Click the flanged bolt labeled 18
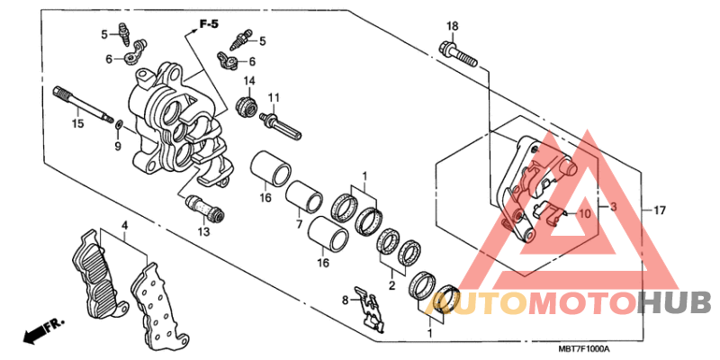click(458, 53)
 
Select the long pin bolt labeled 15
click(83, 104)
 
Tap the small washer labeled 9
click(119, 123)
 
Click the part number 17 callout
click(660, 211)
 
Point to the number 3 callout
click(614, 208)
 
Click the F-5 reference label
click(209, 24)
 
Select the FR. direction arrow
click(42, 330)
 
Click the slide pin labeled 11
click(280, 125)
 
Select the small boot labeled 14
click(246, 107)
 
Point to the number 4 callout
click(124, 225)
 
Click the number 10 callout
click(583, 213)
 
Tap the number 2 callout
click(391, 285)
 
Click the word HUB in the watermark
click(674, 303)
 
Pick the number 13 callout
click(204, 232)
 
